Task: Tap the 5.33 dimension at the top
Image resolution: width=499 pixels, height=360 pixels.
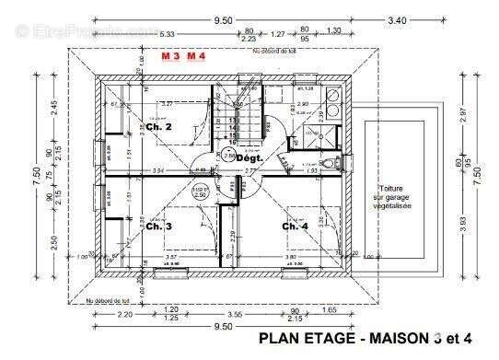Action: (x=168, y=34)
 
